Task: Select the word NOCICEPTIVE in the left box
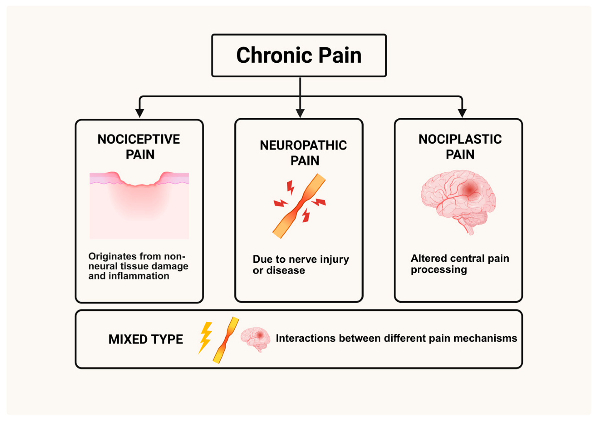tap(139, 139)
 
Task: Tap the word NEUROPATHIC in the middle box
tap(303, 145)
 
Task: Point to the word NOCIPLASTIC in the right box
tap(460, 139)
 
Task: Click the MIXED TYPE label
tap(146, 339)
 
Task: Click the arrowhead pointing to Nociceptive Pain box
tap(140, 113)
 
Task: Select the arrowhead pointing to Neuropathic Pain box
tap(300, 113)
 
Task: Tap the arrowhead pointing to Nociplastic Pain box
tap(462, 113)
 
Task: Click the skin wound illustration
tap(139, 205)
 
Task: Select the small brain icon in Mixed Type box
tap(255, 338)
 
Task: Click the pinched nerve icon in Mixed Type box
tap(225, 340)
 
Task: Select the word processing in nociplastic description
tap(439, 270)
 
